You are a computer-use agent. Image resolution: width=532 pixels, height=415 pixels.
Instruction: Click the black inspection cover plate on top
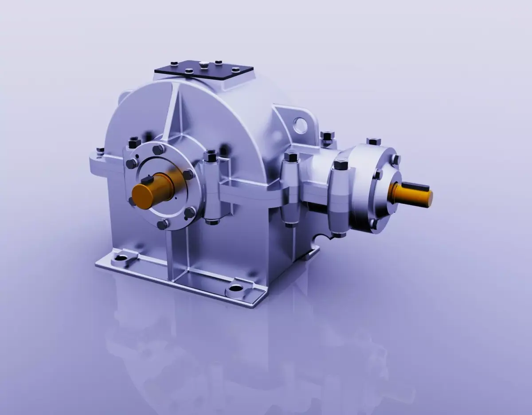(x=203, y=72)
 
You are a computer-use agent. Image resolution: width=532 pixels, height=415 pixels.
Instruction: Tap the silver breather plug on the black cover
(x=203, y=65)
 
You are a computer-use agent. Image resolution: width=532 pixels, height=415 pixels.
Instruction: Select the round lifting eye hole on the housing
(x=300, y=124)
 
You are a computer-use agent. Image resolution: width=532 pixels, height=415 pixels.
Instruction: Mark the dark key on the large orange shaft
(x=147, y=180)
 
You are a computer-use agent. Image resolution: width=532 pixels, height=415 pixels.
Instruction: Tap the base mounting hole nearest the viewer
(x=235, y=291)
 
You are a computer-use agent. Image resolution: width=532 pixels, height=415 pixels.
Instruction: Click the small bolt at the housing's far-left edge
(x=101, y=151)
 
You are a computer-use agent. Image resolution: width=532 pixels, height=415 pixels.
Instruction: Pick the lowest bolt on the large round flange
(x=163, y=224)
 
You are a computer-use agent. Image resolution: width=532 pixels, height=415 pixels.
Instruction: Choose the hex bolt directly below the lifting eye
(x=327, y=136)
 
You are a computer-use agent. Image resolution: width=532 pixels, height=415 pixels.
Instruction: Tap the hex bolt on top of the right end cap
(x=374, y=141)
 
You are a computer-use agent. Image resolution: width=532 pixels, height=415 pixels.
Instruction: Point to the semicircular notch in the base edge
(x=317, y=241)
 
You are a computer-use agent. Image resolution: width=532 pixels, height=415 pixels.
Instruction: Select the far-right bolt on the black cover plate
(x=235, y=70)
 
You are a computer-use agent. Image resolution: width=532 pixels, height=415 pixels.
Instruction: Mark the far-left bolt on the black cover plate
(x=174, y=64)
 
